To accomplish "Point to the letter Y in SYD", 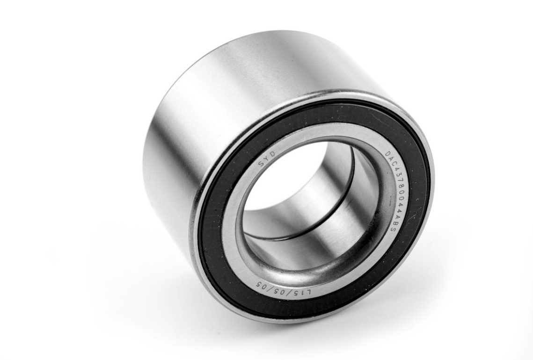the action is [x=266, y=158].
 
